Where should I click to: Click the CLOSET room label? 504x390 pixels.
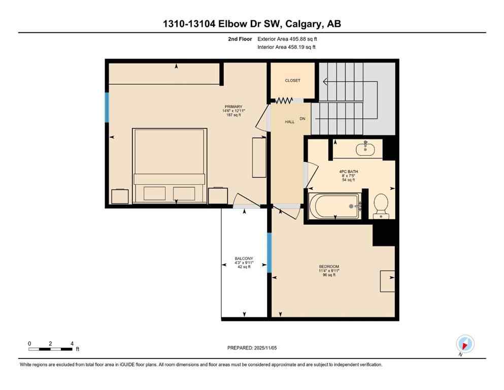[292, 80]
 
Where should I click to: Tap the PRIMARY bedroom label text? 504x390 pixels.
[234, 107]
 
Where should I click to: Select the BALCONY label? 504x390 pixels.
[244, 258]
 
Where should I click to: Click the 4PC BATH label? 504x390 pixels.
[349, 172]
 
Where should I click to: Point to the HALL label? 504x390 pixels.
[289, 122]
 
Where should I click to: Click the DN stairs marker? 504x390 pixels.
[303, 118]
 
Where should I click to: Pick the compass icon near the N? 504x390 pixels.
[465, 344]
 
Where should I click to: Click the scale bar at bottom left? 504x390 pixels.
[51, 349]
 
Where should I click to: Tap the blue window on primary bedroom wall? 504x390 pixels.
[107, 107]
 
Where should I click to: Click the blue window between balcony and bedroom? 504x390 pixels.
[270, 252]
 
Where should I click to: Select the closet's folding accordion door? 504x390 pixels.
[284, 101]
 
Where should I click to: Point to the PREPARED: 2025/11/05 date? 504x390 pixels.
[252, 348]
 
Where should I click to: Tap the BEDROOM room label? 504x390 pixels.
[329, 267]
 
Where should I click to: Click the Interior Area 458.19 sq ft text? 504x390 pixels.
[286, 47]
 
